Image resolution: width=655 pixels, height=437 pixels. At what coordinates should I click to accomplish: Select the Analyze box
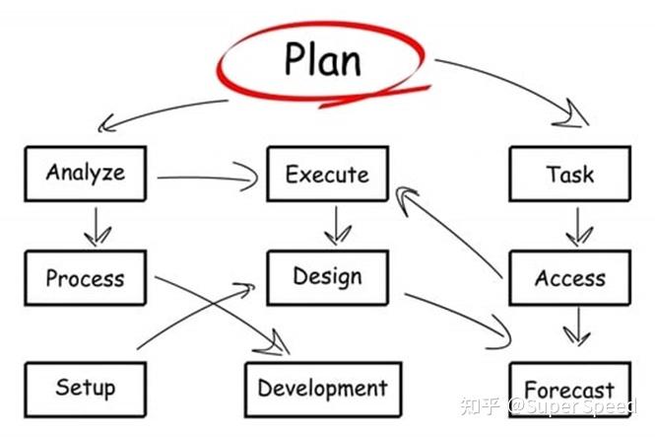(x=86, y=174)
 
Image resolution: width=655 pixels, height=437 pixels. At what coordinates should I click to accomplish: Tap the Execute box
(x=327, y=175)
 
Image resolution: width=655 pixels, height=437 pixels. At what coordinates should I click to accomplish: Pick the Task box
(x=569, y=175)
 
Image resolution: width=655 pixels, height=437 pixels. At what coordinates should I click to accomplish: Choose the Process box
(x=86, y=277)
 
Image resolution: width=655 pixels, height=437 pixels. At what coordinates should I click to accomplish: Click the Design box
(x=327, y=277)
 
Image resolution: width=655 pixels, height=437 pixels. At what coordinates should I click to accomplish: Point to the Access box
(x=569, y=278)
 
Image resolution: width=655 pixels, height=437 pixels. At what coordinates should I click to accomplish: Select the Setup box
(x=86, y=387)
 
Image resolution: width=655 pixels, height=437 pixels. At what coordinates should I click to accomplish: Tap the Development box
(x=322, y=389)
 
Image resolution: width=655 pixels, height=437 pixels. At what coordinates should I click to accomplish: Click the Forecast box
(x=569, y=391)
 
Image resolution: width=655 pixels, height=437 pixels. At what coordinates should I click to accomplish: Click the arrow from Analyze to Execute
(x=207, y=179)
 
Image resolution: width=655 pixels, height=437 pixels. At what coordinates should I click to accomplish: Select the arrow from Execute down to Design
(x=337, y=225)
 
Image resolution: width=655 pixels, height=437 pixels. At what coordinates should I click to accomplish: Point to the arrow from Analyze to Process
(x=97, y=227)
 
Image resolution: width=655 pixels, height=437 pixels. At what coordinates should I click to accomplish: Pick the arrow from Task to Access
(x=577, y=227)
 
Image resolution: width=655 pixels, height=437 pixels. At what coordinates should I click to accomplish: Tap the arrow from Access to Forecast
(x=577, y=327)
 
